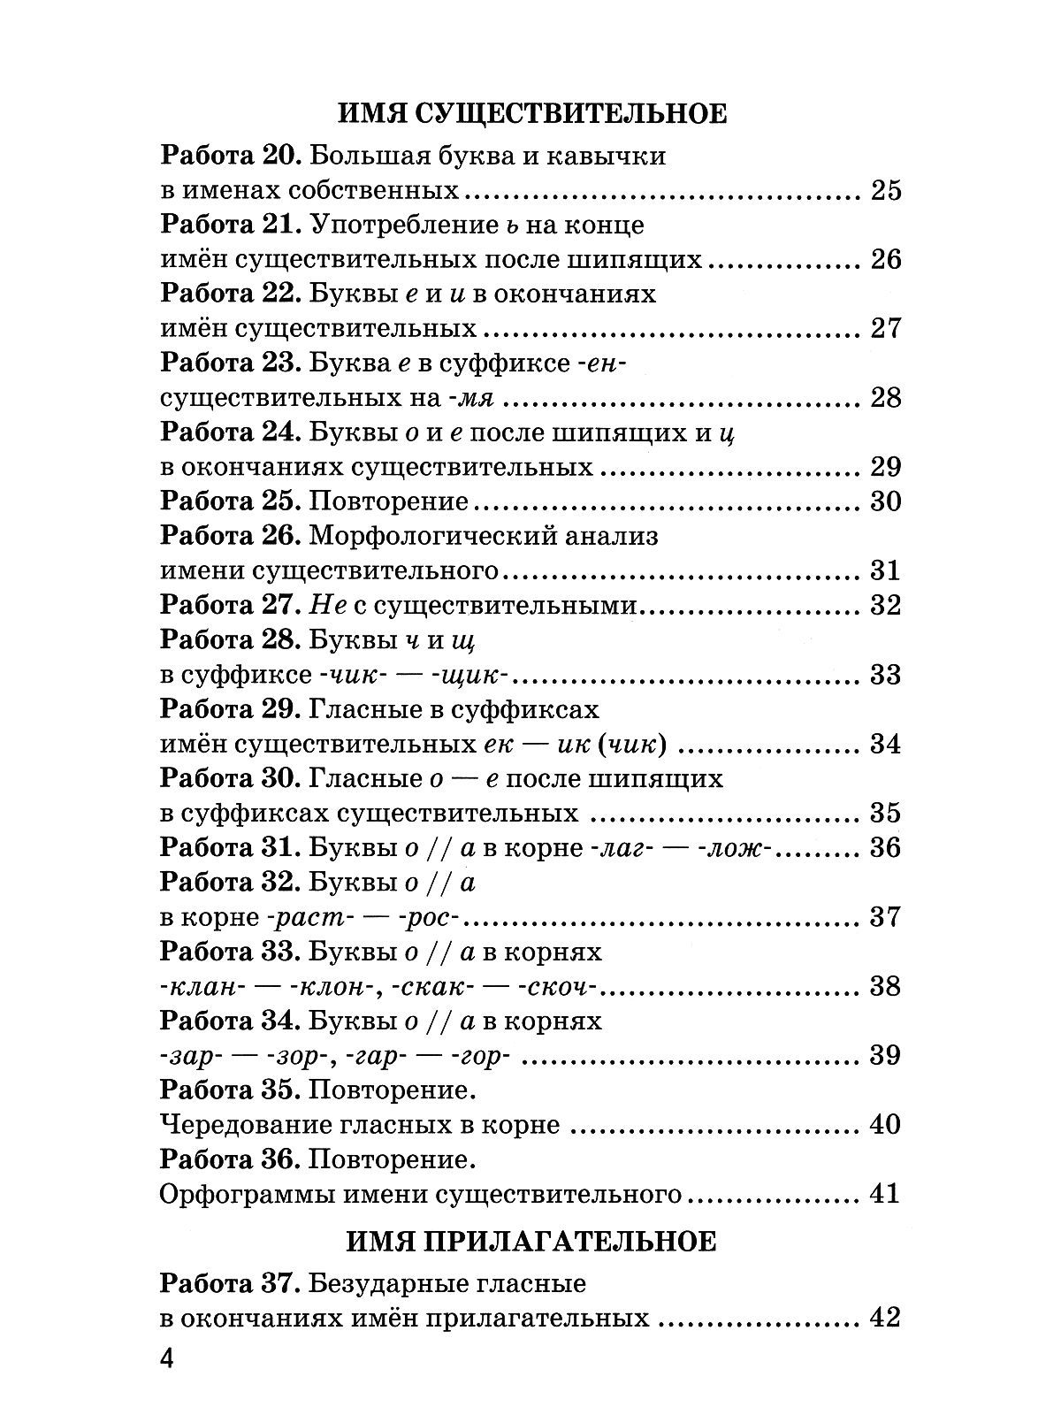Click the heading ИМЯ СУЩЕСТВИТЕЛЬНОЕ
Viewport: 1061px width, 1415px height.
pos(531,114)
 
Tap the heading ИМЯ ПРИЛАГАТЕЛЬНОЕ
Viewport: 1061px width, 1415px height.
pos(530,1241)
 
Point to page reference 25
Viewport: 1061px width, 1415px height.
pos(885,190)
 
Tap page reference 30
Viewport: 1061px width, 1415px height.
pos(885,501)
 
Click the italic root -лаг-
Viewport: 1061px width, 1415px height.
pos(615,847)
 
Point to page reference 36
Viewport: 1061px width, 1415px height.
pos(885,847)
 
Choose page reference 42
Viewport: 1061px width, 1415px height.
pos(885,1318)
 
